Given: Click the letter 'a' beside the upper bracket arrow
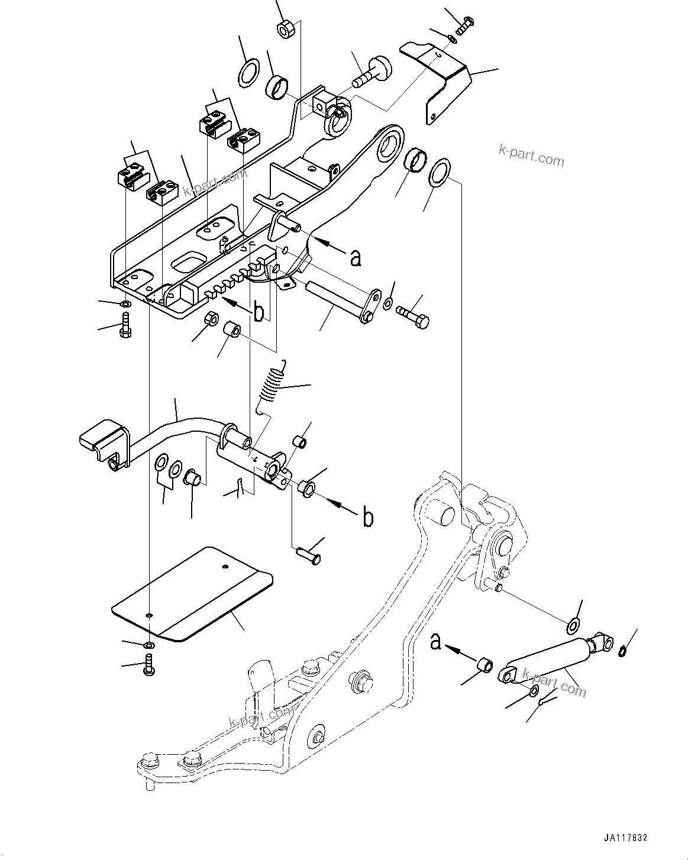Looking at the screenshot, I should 355,257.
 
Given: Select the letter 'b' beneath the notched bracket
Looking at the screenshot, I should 259,313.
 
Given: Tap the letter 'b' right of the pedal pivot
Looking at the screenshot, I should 368,518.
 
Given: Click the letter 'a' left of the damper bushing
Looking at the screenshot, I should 436,642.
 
